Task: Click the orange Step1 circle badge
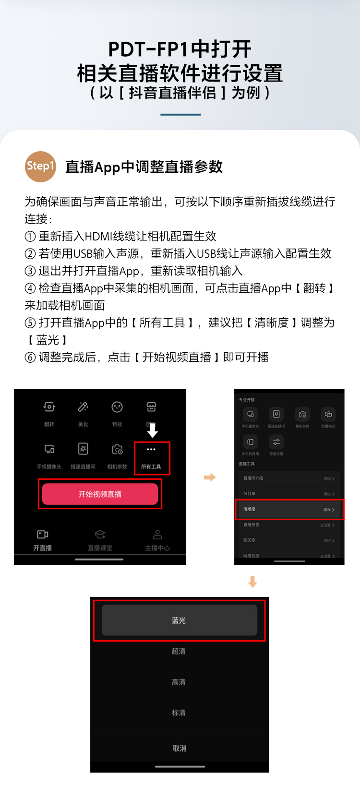click(41, 167)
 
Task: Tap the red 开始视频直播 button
click(100, 494)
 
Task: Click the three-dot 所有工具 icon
click(151, 450)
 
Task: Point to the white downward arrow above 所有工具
click(153, 430)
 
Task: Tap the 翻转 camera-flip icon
click(49, 407)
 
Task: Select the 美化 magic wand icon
click(83, 407)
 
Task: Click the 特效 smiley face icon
click(117, 407)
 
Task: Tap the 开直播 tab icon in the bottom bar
click(43, 535)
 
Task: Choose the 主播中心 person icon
click(157, 535)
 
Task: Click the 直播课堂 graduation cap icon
click(100, 535)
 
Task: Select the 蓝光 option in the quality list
click(179, 620)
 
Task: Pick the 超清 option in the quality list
click(179, 651)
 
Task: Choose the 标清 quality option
click(179, 713)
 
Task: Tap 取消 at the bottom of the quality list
click(180, 748)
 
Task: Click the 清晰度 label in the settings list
click(250, 509)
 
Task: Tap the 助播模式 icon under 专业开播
click(328, 414)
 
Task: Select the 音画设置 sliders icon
click(276, 441)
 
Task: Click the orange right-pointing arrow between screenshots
click(210, 477)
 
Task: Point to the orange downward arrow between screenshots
click(253, 582)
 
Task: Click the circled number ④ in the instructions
click(30, 288)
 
